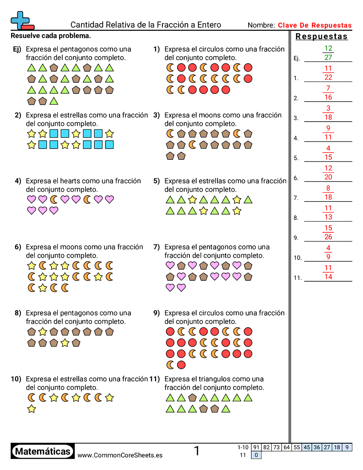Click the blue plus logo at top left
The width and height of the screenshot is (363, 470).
[x=21, y=20]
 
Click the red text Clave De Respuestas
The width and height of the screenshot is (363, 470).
[x=315, y=25]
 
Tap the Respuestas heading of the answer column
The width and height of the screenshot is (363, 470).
[x=322, y=37]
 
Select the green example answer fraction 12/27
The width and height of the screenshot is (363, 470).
[x=328, y=53]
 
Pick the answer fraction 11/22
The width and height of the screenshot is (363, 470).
[x=328, y=73]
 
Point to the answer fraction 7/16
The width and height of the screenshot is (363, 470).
[x=328, y=93]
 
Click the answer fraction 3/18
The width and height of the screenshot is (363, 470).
[x=328, y=113]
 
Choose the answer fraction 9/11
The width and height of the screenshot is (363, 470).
[x=328, y=133]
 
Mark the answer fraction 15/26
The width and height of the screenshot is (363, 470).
[x=328, y=233]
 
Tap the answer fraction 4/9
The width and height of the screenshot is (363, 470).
[x=328, y=253]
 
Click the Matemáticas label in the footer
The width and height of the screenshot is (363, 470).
[x=43, y=451]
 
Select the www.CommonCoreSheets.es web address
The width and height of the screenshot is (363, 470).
[x=120, y=455]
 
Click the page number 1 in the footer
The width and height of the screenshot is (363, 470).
[x=197, y=451]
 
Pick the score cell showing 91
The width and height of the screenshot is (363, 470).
[x=256, y=448]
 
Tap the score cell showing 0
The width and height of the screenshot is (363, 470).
[x=256, y=455]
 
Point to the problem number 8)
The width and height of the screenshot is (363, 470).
[x=18, y=313]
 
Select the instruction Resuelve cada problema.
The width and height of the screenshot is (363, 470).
[x=51, y=35]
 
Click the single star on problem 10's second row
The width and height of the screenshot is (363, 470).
[x=32, y=409]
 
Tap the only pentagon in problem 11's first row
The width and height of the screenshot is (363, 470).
[x=192, y=397]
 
